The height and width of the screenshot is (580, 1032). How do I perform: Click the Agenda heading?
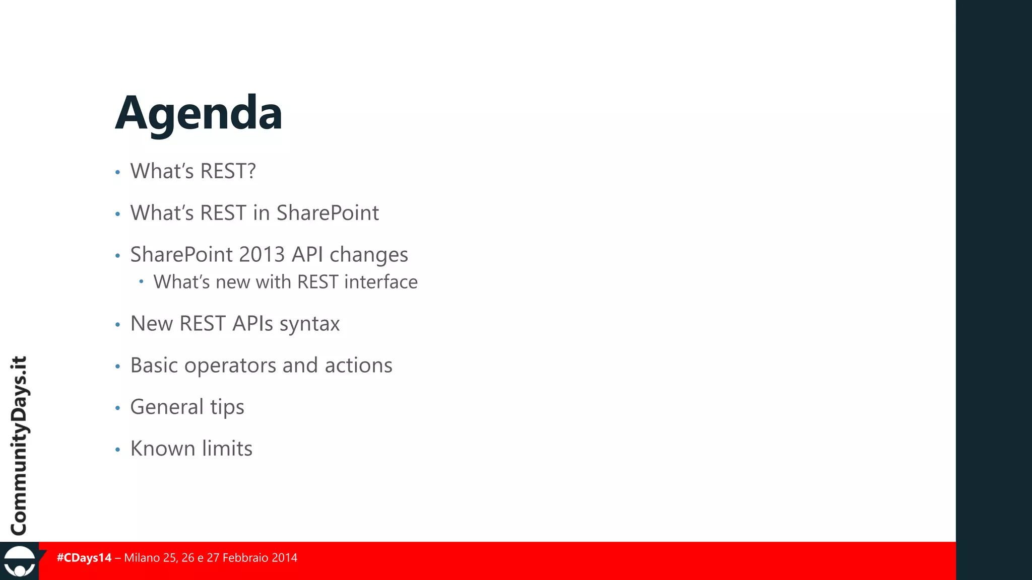[x=199, y=114]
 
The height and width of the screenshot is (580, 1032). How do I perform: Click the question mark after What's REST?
[x=250, y=171]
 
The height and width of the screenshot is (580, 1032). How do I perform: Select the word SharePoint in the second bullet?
[x=328, y=213]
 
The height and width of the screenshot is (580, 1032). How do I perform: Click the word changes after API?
[x=368, y=255]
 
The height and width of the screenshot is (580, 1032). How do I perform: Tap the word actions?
[x=358, y=366]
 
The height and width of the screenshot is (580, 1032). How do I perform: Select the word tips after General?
[x=227, y=407]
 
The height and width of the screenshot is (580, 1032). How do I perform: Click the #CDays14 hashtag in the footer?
[x=84, y=558]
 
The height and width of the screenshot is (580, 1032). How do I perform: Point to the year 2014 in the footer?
[x=284, y=558]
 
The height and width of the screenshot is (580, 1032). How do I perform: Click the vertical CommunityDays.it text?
[x=19, y=446]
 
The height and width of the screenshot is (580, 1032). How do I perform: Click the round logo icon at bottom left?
[x=19, y=562]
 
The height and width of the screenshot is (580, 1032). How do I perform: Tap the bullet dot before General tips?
[x=117, y=408]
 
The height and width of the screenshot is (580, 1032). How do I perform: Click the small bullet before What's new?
[x=142, y=281]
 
